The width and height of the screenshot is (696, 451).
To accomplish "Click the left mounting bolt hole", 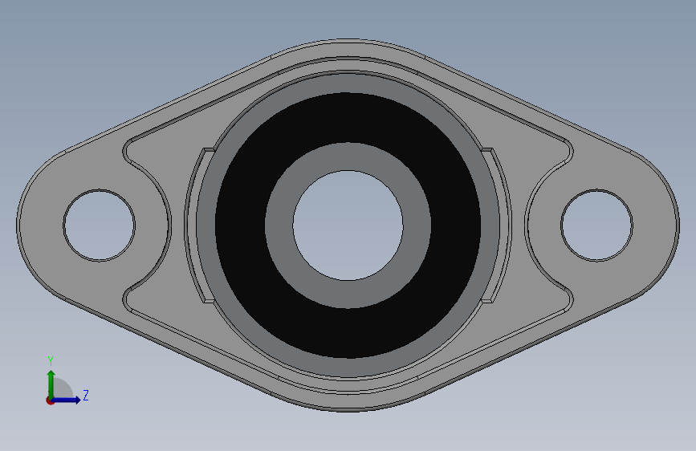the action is [x=99, y=225].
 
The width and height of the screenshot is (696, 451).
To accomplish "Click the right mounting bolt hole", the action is [x=596, y=225].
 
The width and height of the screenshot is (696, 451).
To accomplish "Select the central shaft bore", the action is [x=348, y=225].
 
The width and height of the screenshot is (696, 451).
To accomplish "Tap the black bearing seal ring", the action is [x=348, y=118].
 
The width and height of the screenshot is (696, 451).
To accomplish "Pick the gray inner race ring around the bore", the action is [x=348, y=156].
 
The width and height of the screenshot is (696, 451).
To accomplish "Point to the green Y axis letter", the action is [x=51, y=361].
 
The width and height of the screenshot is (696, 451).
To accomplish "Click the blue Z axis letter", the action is [x=86, y=395].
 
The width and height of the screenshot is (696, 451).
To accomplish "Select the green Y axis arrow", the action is [x=51, y=384].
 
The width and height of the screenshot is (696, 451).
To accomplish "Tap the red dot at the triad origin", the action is [x=50, y=400].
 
